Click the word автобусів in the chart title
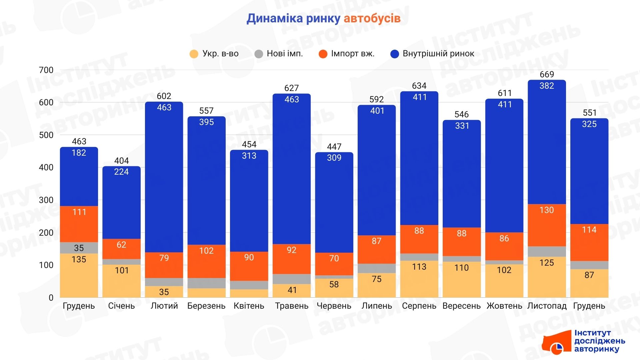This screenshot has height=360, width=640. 372,18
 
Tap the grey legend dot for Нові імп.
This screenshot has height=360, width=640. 259,54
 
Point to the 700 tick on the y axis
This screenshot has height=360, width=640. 46,70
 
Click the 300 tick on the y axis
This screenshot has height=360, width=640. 46,200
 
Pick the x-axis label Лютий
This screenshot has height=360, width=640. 164,306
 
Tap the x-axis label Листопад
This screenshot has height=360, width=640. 547,306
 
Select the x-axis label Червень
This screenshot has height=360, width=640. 334,306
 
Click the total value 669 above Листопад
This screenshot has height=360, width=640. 547,74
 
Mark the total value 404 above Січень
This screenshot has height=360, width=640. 121,161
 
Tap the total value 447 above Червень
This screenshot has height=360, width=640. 334,147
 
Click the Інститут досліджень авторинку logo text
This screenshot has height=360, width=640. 599,341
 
